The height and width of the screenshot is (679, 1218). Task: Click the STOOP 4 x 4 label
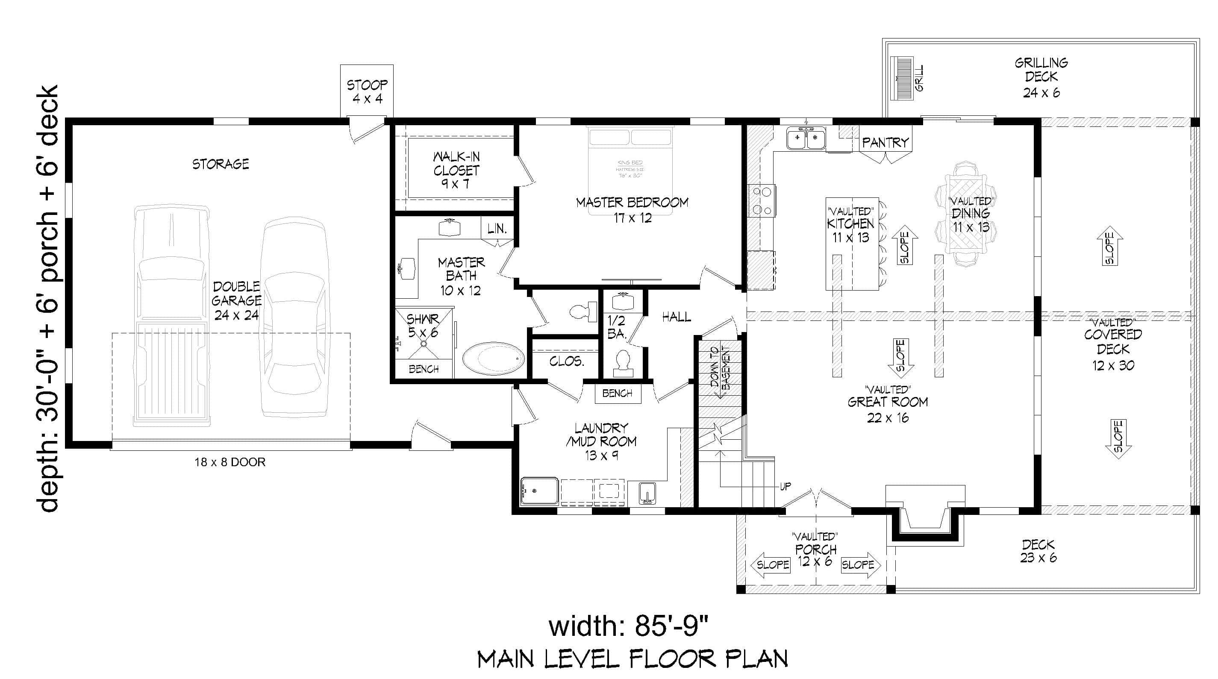pyautogui.click(x=367, y=92)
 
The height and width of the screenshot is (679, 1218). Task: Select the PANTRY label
pyautogui.click(x=885, y=142)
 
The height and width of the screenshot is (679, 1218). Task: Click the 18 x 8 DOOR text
pyautogui.click(x=230, y=462)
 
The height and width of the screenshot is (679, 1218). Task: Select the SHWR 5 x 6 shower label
pyautogui.click(x=423, y=325)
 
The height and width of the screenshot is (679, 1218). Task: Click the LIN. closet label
pyautogui.click(x=497, y=229)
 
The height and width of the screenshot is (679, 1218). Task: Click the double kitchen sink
pyautogui.click(x=806, y=138)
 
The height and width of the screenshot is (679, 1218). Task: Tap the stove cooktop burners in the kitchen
pyautogui.click(x=762, y=201)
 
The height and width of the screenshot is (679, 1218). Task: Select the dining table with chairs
pyautogui.click(x=966, y=214)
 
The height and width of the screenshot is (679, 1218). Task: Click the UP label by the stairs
pyautogui.click(x=786, y=487)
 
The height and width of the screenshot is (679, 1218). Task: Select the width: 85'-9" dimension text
pyautogui.click(x=628, y=626)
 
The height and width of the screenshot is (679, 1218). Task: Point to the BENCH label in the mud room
pyautogui.click(x=617, y=393)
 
